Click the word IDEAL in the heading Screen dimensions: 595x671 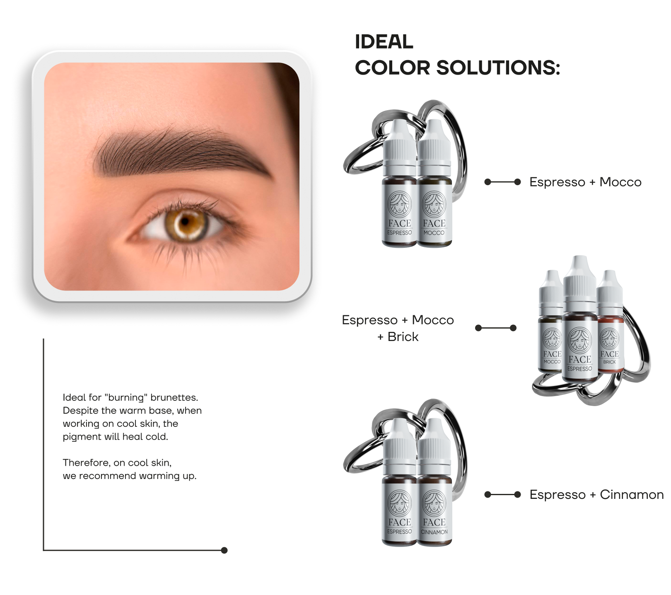(x=384, y=42)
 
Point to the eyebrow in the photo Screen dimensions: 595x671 (x=178, y=153)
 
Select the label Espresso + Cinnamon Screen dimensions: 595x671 (x=596, y=495)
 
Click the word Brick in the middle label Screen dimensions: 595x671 (x=403, y=337)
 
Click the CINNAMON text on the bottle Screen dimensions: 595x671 (x=434, y=532)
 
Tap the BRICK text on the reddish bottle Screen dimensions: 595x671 (x=609, y=362)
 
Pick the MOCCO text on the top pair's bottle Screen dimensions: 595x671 (x=434, y=233)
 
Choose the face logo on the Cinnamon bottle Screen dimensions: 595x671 (x=434, y=503)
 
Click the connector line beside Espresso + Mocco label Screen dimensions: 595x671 (x=502, y=182)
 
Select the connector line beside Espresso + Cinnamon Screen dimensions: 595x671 (x=502, y=494)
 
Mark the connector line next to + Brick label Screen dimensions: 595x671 (x=495, y=328)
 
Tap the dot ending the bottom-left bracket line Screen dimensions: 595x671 (x=224, y=550)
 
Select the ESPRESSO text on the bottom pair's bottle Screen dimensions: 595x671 (x=399, y=532)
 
